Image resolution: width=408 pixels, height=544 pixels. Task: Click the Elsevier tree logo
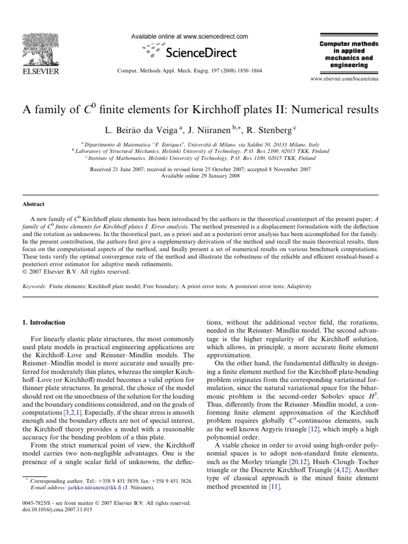pos(40,49)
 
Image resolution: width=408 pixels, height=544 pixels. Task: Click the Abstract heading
pos(33,203)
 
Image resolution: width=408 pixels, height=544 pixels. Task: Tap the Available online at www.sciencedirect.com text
pos(189,36)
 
